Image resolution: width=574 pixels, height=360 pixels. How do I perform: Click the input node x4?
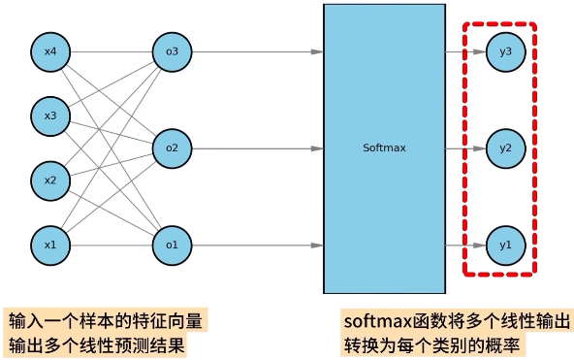(x=50, y=50)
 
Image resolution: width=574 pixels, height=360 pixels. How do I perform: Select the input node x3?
(x=50, y=115)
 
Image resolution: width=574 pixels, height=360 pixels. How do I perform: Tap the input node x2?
(x=50, y=180)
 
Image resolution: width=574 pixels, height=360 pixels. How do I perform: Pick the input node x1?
(x=50, y=245)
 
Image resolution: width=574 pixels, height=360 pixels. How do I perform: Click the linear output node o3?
(x=171, y=50)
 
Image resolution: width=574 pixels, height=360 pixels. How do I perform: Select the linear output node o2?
(x=171, y=148)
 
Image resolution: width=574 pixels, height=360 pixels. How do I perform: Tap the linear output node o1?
(x=171, y=245)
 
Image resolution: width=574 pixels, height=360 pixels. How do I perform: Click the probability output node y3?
(x=504, y=50)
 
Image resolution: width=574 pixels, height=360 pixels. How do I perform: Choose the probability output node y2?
(x=504, y=148)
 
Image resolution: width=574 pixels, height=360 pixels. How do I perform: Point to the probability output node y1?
(x=504, y=245)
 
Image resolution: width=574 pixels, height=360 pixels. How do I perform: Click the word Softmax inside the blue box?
(x=384, y=148)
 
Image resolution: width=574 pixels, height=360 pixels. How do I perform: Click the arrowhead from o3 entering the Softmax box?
(x=316, y=50)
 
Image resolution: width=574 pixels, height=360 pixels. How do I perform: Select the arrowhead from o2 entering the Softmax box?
(x=316, y=148)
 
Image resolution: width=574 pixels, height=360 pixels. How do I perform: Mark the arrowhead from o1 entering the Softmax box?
(x=316, y=245)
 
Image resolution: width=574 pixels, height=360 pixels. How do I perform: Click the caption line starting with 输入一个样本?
(x=107, y=320)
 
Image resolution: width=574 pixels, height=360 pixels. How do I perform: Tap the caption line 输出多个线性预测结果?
(x=97, y=344)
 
